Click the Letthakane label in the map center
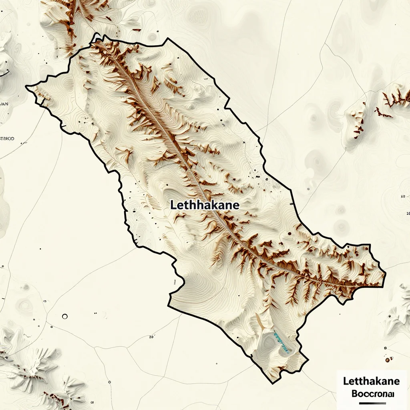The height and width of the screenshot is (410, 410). tap(205, 205)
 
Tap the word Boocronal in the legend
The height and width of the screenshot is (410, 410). tap(372, 393)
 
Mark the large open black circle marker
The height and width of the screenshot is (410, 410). tap(65, 316)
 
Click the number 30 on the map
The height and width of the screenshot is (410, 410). tap(151, 337)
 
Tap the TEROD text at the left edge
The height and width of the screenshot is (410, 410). tap(7, 139)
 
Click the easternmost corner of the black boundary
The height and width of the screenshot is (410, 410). tap(385, 274)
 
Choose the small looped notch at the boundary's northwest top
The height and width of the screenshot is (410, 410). tap(96, 37)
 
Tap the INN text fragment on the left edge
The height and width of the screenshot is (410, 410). tap(4, 104)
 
